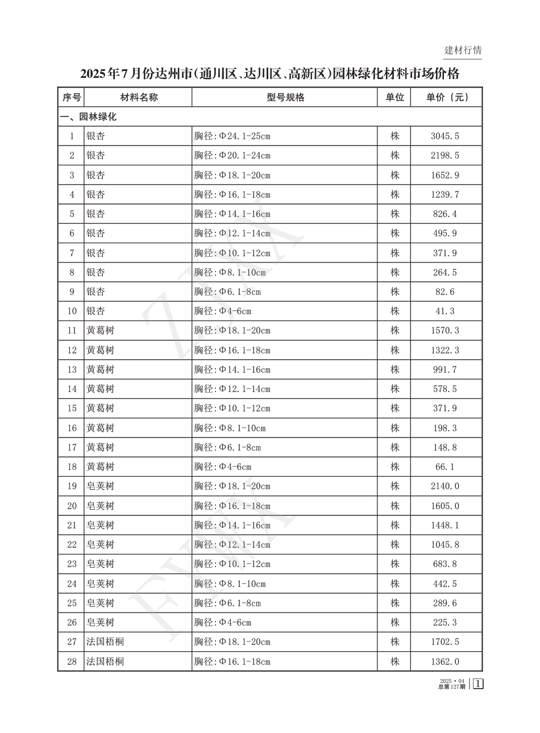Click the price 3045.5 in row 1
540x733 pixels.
tap(445, 136)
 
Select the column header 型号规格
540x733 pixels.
tap(285, 97)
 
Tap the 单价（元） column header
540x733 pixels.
tap(447, 97)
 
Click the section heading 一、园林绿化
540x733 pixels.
tap(89, 117)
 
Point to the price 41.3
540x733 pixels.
tap(445, 311)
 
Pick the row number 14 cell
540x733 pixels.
tap(72, 389)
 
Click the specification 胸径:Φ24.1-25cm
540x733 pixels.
tap(232, 136)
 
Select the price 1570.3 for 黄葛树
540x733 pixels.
tap(445, 331)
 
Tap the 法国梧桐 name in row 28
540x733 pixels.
tap(105, 661)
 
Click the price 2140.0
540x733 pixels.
tap(445, 486)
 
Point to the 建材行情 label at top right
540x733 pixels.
tap(463, 50)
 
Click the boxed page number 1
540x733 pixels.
tap(478, 684)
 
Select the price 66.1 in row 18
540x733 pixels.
tap(445, 467)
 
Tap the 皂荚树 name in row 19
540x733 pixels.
tap(100, 486)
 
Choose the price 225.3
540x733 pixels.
tap(445, 623)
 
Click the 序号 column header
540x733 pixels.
tap(72, 97)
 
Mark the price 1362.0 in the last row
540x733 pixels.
tap(445, 661)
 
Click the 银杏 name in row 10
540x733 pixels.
tap(95, 311)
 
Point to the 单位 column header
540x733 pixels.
tap(394, 97)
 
